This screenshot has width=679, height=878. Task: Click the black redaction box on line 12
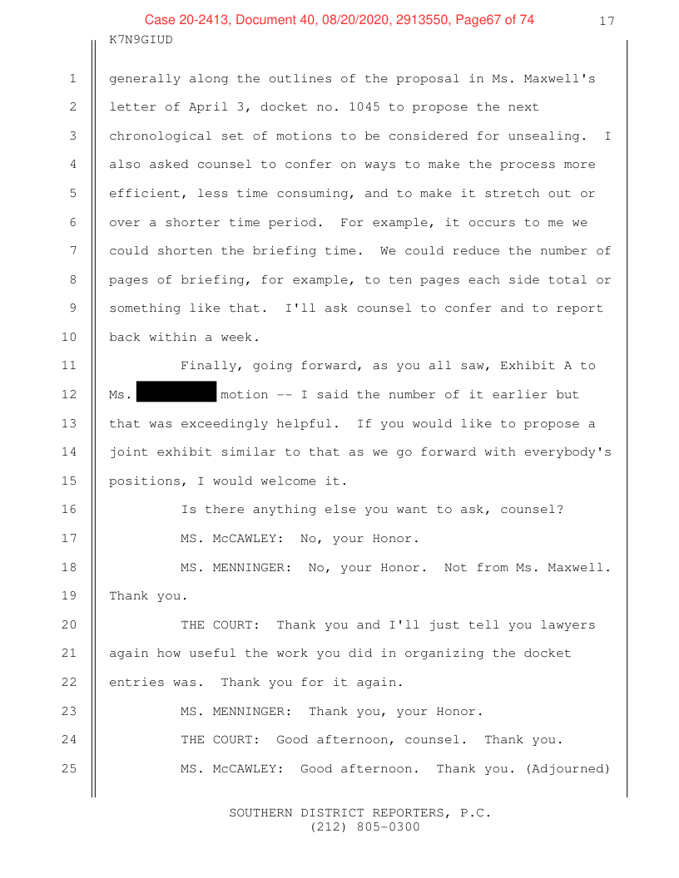[176, 392]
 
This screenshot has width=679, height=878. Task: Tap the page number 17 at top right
[607, 22]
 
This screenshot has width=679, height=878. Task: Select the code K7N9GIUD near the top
[141, 40]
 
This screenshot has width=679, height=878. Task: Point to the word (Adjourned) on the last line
[567, 769]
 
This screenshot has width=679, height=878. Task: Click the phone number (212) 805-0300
[364, 827]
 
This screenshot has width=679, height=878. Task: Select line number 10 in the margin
[69, 337]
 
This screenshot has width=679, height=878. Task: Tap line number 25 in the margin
[69, 768]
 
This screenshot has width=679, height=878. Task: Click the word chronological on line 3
[161, 136]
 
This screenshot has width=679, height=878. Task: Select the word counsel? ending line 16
[532, 510]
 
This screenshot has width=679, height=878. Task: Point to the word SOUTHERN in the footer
[260, 812]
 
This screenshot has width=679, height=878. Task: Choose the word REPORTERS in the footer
[412, 813]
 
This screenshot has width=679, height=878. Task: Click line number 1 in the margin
[73, 78]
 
